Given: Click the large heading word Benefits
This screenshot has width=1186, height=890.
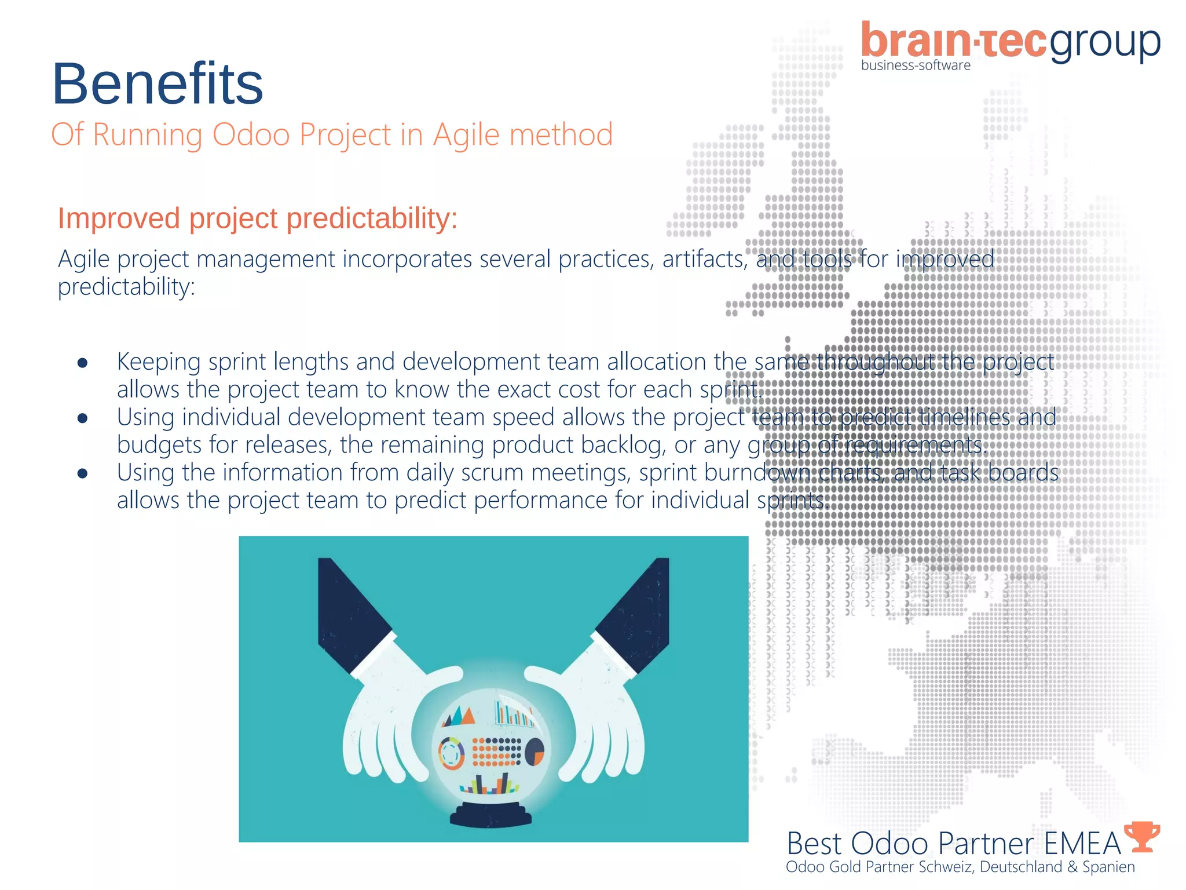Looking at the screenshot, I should [x=158, y=84].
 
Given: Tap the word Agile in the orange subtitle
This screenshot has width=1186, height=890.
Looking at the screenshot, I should [x=466, y=135].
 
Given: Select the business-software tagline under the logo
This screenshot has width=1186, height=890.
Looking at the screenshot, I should [x=916, y=65].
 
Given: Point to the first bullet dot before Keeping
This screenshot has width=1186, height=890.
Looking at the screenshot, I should [x=82, y=363].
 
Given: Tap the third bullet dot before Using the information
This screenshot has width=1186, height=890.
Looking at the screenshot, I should [x=82, y=474].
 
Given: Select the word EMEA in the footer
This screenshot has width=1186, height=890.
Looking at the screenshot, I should [x=1082, y=844].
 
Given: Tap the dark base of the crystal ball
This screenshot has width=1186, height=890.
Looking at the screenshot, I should [x=491, y=815].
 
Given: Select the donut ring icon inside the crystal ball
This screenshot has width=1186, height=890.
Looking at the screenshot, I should [x=451, y=753].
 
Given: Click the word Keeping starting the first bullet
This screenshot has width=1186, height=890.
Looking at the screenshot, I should [x=159, y=362].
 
